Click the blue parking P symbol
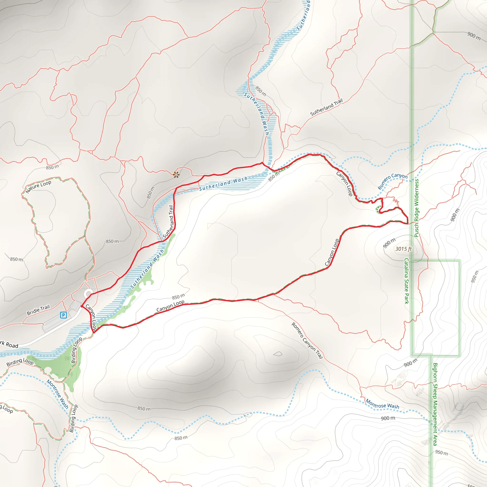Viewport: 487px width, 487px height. pyautogui.click(x=63, y=315)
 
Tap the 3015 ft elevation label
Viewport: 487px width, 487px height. pyautogui.click(x=403, y=249)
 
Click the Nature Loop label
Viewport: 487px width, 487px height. pyautogui.click(x=38, y=186)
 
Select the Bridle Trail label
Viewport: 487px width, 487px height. pyautogui.click(x=38, y=310)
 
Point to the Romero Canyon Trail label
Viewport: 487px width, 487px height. pyautogui.click(x=307, y=340)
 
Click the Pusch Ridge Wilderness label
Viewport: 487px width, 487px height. pyautogui.click(x=417, y=208)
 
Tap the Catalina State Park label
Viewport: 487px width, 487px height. pyautogui.click(x=406, y=281)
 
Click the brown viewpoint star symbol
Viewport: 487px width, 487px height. pyautogui.click(x=176, y=175)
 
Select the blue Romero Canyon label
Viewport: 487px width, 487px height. pyautogui.click(x=392, y=181)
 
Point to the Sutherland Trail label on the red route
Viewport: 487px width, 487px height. pyautogui.click(x=168, y=222)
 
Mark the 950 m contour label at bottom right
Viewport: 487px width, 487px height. pyautogui.click(x=441, y=453)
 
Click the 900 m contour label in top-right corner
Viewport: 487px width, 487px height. pyautogui.click(x=474, y=36)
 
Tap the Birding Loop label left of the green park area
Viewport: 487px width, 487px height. pyautogui.click(x=20, y=362)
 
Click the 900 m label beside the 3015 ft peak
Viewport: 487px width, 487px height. pyautogui.click(x=389, y=243)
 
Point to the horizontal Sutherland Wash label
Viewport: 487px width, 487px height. pyautogui.click(x=223, y=184)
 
